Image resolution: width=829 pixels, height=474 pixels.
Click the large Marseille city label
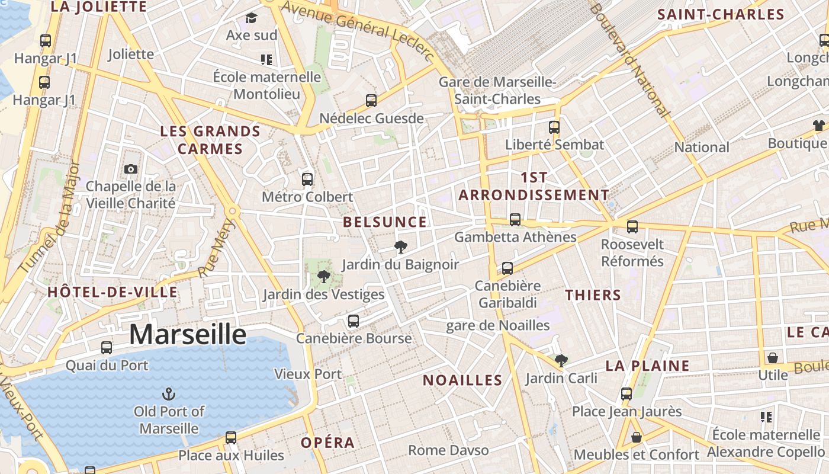(188, 335)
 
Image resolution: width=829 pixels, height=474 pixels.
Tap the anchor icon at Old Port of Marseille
(169, 394)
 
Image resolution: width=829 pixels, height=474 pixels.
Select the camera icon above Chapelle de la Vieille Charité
(131, 169)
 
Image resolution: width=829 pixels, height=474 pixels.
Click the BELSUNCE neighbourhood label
(385, 222)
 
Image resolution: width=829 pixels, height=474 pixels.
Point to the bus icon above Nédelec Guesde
(371, 101)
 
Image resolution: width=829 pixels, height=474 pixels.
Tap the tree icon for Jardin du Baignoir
(401, 247)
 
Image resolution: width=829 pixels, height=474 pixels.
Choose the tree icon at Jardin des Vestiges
(323, 277)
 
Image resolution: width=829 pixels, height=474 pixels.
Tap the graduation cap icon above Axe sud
(252, 18)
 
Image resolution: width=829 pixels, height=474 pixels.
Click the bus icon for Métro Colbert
(307, 180)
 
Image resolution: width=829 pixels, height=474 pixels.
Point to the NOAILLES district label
(462, 380)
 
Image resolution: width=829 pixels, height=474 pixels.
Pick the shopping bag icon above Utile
(773, 358)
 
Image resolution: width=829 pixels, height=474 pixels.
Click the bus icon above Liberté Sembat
(554, 127)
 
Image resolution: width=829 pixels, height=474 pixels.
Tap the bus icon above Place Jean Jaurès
(626, 394)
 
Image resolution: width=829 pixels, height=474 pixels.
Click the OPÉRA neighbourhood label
(327, 443)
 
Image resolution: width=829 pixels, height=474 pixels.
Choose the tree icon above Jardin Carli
(561, 360)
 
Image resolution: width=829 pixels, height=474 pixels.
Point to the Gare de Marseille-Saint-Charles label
(497, 90)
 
